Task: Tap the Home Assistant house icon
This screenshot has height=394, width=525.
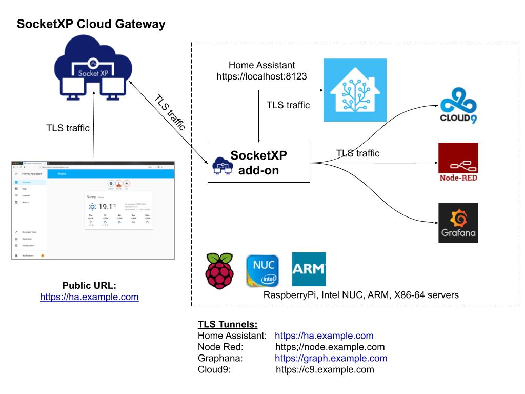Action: (355, 90)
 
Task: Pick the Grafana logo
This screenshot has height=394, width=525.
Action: (458, 223)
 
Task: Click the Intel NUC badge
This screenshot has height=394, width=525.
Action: (262, 270)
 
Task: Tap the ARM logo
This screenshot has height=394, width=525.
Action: (309, 269)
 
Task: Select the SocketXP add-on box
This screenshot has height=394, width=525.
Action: (259, 163)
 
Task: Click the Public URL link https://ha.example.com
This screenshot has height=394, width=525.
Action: (89, 297)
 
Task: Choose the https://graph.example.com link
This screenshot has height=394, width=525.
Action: (331, 358)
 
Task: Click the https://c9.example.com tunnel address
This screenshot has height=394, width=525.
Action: (325, 369)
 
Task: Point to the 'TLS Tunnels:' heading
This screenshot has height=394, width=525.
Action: (228, 325)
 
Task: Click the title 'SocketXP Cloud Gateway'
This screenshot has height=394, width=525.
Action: (91, 24)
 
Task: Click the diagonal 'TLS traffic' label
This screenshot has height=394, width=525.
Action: (170, 113)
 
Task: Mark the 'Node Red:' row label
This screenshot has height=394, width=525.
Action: (217, 347)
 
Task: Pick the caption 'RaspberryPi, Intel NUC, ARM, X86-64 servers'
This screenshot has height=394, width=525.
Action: (361, 295)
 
